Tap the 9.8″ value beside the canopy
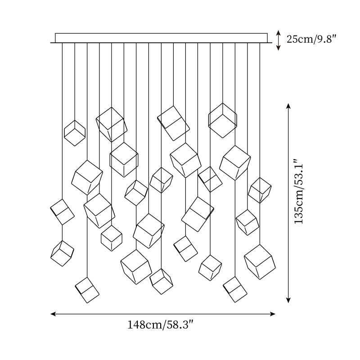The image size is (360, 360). point(326,39)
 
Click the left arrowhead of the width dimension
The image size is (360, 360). point(53,314)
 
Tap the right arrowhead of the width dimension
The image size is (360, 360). point(273,314)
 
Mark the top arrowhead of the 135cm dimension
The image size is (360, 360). point(288,106)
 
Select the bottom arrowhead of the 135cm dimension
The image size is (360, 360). point(288,300)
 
